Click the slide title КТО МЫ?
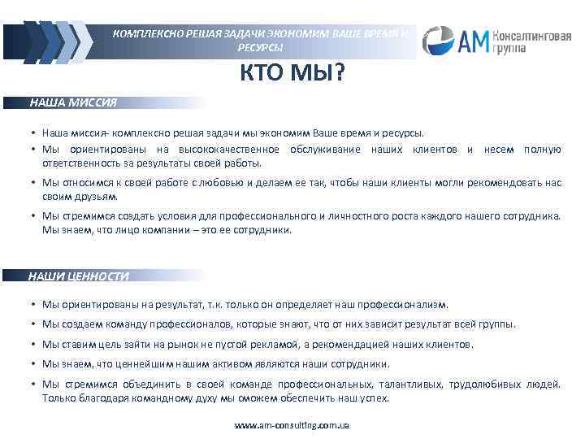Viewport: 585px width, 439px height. pyautogui.click(x=292, y=76)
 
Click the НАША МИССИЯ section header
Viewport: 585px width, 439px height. pyautogui.click(x=73, y=103)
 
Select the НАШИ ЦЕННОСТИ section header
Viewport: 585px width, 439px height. pyautogui.click(x=78, y=276)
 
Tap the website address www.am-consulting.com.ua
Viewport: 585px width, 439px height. pyautogui.click(x=292, y=425)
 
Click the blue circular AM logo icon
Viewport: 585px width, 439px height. pyautogui.click(x=439, y=38)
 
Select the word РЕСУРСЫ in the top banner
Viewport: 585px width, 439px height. pyautogui.click(x=260, y=48)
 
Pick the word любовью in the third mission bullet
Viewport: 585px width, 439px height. pyautogui.click(x=226, y=183)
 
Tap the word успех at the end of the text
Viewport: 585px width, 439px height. pyautogui.click(x=373, y=398)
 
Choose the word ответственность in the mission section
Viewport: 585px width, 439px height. pyautogui.click(x=80, y=163)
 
